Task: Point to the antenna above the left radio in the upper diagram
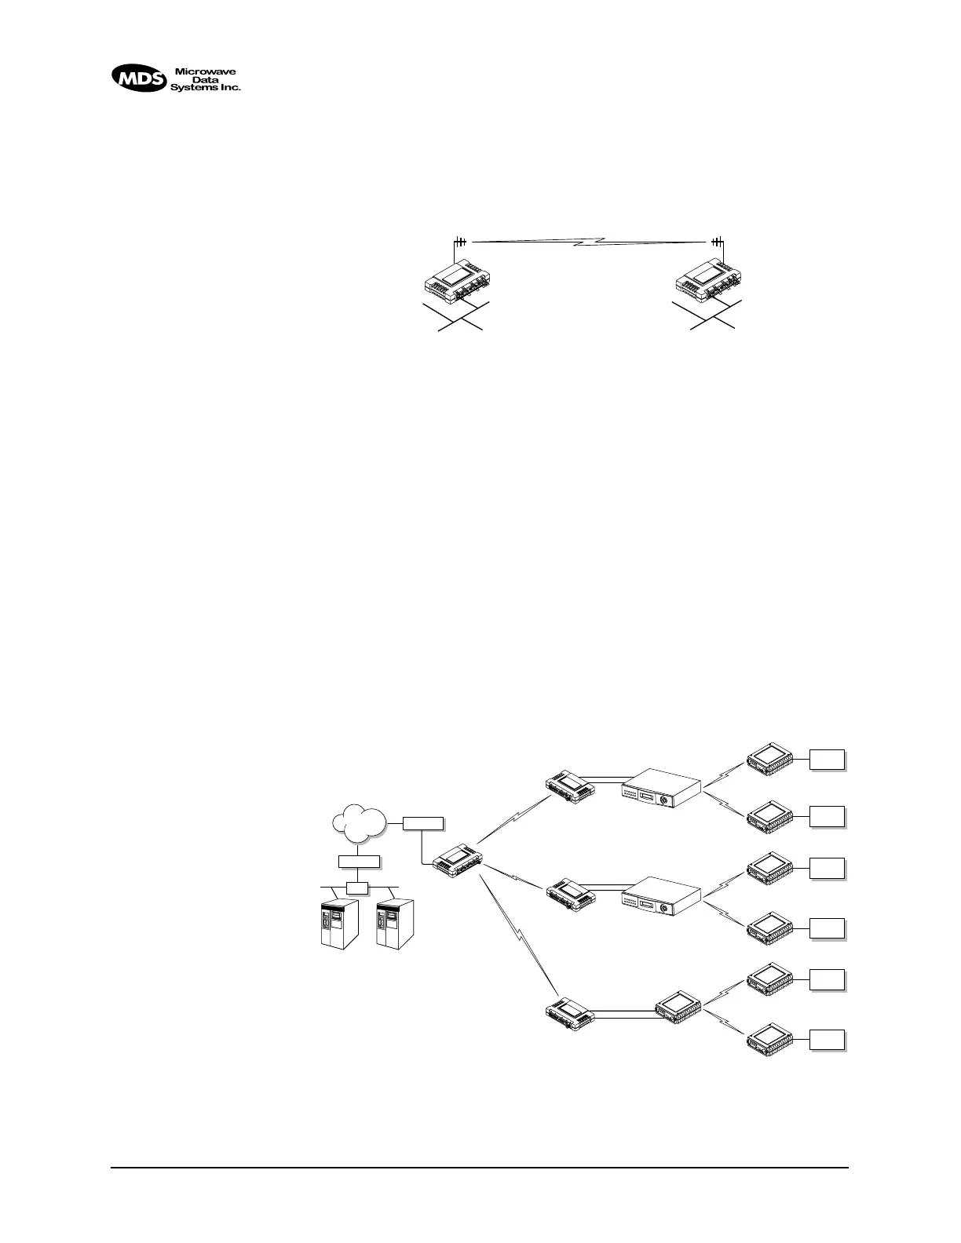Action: pyautogui.click(x=461, y=241)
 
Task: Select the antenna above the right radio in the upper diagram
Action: pyautogui.click(x=716, y=241)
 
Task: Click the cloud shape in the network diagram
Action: pyautogui.click(x=360, y=821)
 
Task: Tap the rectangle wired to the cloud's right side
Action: pyautogui.click(x=423, y=823)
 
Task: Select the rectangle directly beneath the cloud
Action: pyautogui.click(x=360, y=861)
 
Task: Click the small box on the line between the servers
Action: pyautogui.click(x=358, y=888)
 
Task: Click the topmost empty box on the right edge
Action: pyautogui.click(x=828, y=759)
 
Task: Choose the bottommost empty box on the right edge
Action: pyautogui.click(x=828, y=1040)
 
